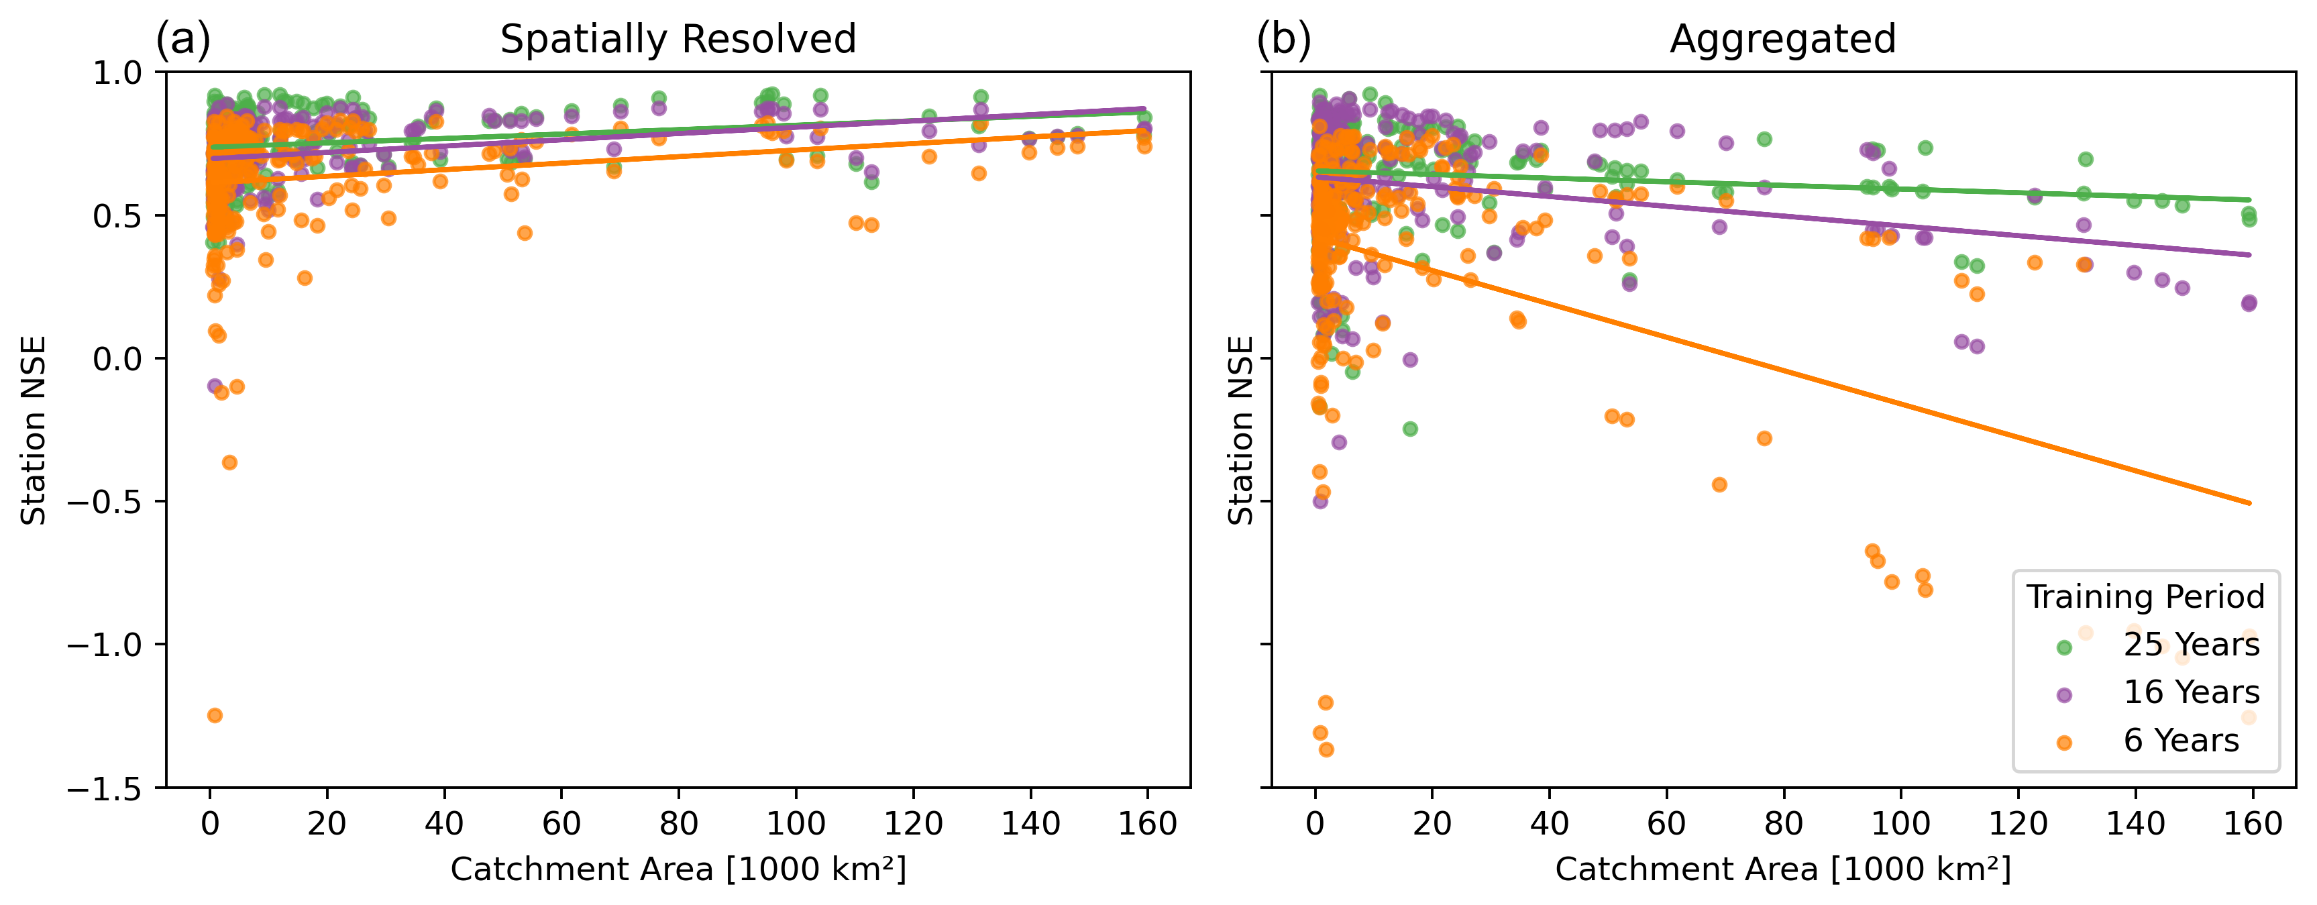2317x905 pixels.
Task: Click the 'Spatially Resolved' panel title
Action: click(x=678, y=40)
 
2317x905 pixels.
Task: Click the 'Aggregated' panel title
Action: click(x=1783, y=40)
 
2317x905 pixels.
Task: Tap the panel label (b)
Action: click(x=1283, y=40)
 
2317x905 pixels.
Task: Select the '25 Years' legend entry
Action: click(x=2191, y=645)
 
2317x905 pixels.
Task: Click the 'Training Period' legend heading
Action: click(x=2145, y=597)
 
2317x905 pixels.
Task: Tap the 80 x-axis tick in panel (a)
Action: click(x=678, y=824)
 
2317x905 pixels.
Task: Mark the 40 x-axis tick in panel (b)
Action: click(x=1549, y=824)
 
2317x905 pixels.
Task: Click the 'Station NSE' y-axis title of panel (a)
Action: click(x=34, y=430)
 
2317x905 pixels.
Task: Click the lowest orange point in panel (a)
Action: click(x=215, y=715)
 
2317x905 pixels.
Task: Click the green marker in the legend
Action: click(x=2064, y=647)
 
